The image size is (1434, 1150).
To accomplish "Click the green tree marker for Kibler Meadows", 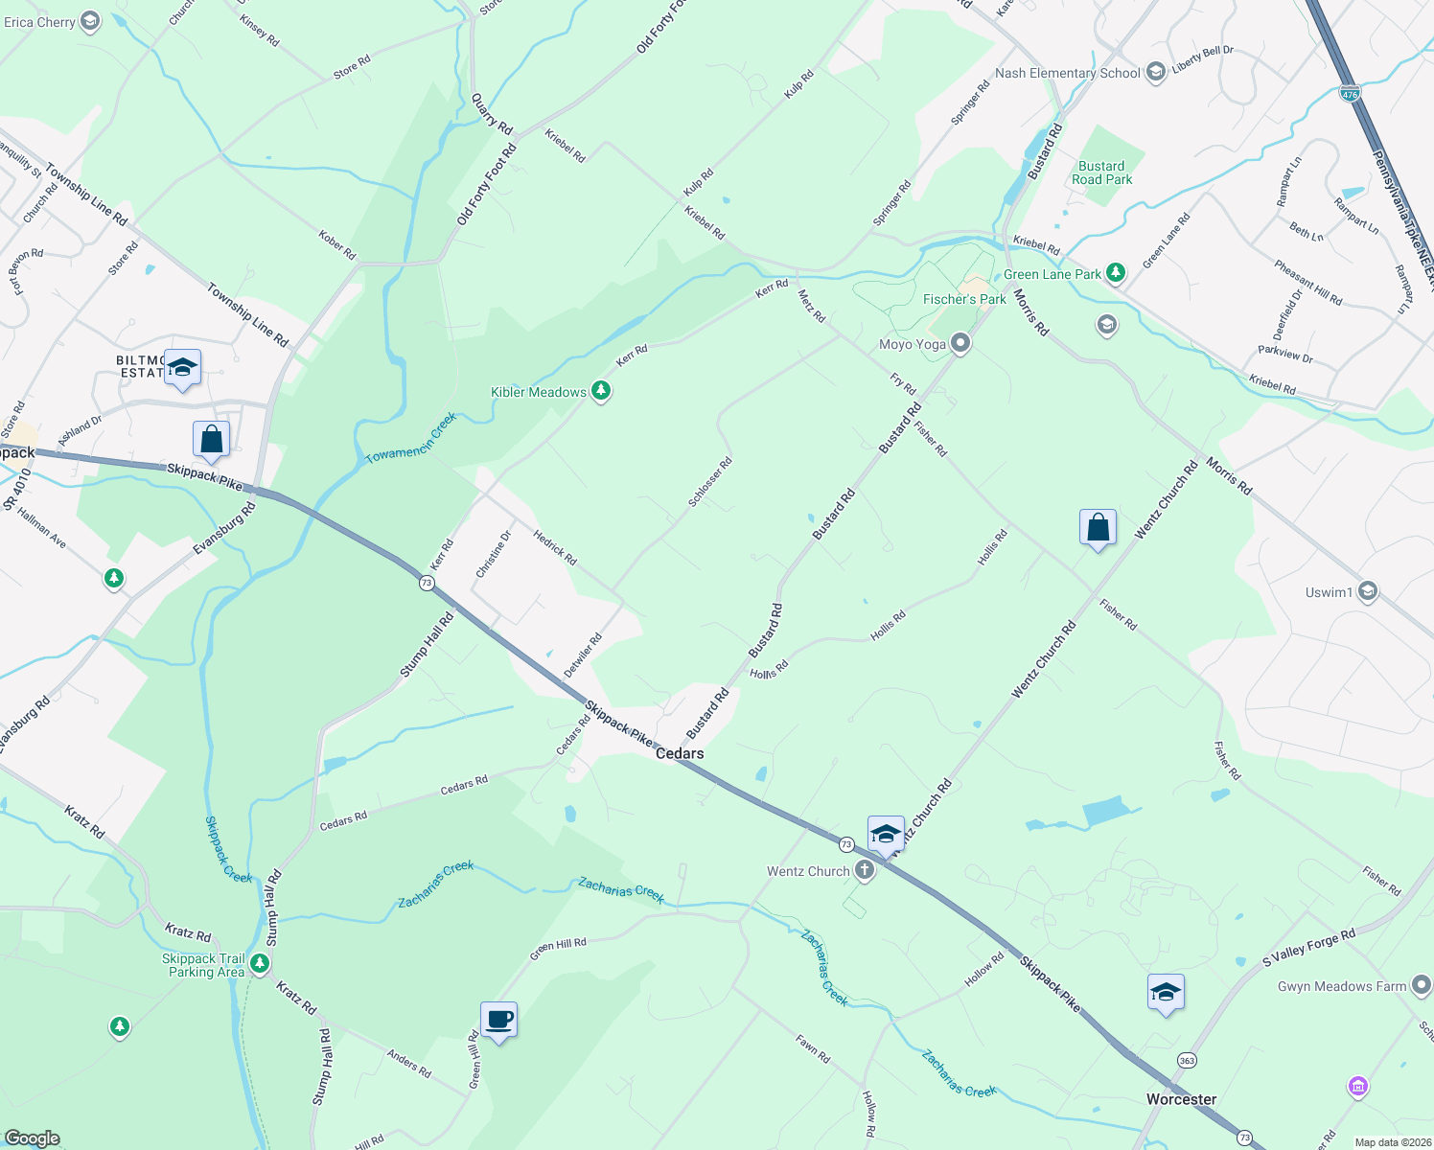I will [x=601, y=391].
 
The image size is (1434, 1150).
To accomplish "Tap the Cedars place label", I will [x=680, y=753].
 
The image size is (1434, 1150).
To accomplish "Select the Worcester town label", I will [x=1181, y=1099].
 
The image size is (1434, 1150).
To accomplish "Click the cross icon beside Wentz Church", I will [x=865, y=870].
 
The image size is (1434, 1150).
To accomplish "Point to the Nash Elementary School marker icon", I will [x=1156, y=73].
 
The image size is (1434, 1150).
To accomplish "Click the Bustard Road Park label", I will [x=1101, y=172].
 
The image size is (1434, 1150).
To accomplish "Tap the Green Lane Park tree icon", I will [x=1115, y=273].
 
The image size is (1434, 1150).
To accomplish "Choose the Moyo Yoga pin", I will [x=960, y=344].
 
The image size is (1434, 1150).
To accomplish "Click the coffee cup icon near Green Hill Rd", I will [x=498, y=1020].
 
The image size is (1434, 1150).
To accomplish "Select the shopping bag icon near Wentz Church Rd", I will [x=1098, y=527].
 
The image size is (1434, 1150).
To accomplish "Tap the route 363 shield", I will [x=1187, y=1060].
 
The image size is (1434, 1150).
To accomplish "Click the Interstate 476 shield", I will [x=1350, y=94].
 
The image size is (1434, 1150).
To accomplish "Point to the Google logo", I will [x=32, y=1138].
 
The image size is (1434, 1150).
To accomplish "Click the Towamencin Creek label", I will [x=411, y=439].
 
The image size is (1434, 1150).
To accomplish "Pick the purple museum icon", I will [x=1357, y=1087].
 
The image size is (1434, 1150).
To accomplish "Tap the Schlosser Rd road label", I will [x=710, y=482].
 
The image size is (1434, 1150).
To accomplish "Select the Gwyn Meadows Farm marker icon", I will [x=1421, y=985].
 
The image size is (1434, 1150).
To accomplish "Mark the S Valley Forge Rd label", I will [x=1308, y=947].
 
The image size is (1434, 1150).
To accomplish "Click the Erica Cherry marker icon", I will [x=90, y=21].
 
